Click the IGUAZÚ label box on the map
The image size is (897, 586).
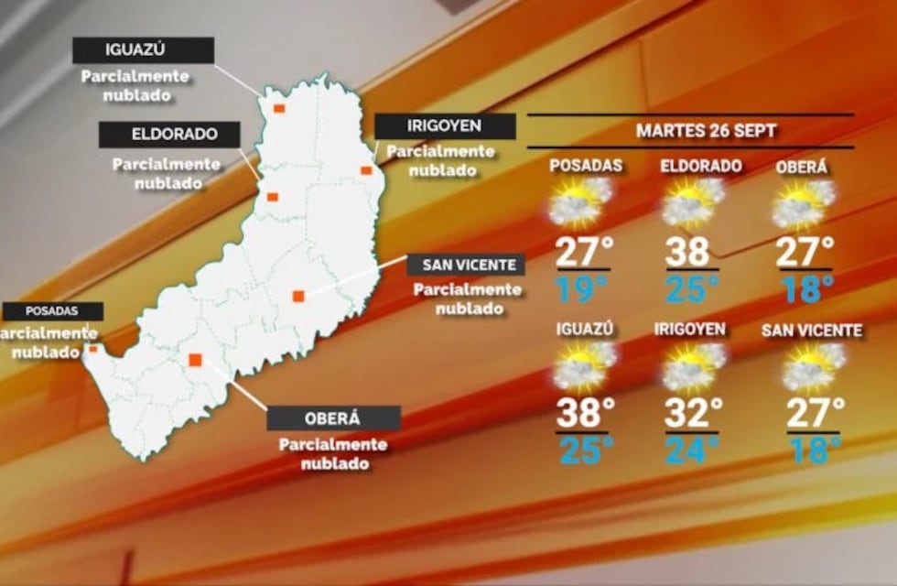click(143, 50)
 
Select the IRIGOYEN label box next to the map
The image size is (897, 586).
click(445, 126)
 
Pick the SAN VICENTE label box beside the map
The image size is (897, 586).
click(467, 266)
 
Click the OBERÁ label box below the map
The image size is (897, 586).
click(333, 418)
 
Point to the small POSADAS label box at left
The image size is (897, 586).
click(52, 311)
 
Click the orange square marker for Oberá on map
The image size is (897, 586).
click(195, 360)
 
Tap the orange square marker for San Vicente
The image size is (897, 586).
click(298, 296)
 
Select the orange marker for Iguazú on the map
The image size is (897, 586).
click(279, 108)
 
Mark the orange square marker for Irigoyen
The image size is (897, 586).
click(366, 170)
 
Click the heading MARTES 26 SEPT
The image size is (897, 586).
click(706, 130)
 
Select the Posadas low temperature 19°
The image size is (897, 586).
click(582, 290)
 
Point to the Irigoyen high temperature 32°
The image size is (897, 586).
click(693, 413)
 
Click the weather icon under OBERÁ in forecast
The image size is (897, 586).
click(803, 204)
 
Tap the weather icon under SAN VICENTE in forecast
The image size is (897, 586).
click(812, 367)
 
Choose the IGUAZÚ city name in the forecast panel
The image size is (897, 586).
click(582, 330)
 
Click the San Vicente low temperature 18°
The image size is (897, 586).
click(812, 450)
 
